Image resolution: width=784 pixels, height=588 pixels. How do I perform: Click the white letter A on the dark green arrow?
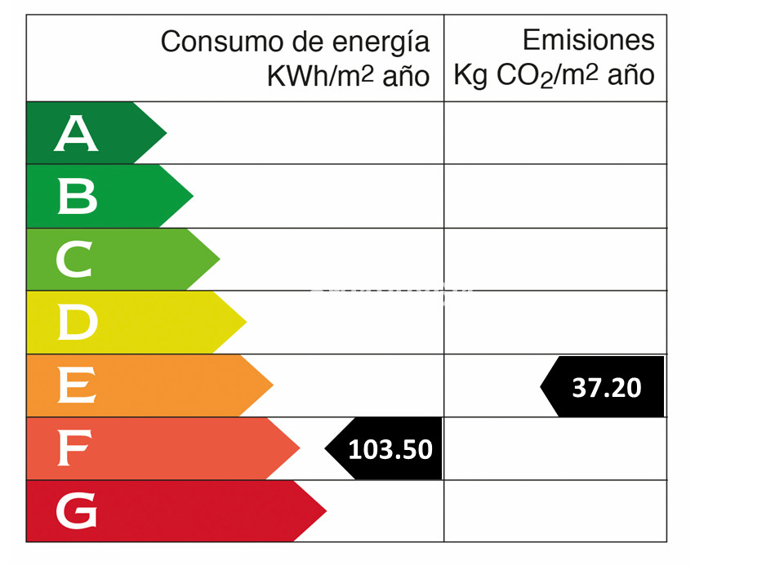pyautogui.click(x=77, y=134)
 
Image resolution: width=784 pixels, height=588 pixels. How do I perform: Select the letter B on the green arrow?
pyautogui.click(x=78, y=197)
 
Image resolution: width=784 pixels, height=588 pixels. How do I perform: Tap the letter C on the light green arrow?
pyautogui.click(x=75, y=260)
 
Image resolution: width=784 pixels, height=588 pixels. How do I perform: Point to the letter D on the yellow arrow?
pyautogui.click(x=78, y=323)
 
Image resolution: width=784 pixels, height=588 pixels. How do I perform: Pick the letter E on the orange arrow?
pyautogui.click(x=77, y=385)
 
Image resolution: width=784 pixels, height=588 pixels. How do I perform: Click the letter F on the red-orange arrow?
pyautogui.click(x=74, y=448)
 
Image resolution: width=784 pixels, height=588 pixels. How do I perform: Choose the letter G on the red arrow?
pyautogui.click(x=77, y=511)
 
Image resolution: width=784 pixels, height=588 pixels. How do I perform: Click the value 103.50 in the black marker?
pyautogui.click(x=390, y=449)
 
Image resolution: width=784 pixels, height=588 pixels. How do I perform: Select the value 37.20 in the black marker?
pyautogui.click(x=607, y=387)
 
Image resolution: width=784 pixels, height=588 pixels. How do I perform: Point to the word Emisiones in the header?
pyautogui.click(x=588, y=40)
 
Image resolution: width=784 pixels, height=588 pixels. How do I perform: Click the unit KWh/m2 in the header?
pyautogui.click(x=320, y=77)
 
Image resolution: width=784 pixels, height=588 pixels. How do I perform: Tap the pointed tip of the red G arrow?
pyautogui.click(x=326, y=511)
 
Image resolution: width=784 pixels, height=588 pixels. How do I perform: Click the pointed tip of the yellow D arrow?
pyautogui.click(x=246, y=323)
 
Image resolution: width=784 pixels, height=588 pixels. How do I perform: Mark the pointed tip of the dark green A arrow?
pyautogui.click(x=167, y=133)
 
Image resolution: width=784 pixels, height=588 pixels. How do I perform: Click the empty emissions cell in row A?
pyautogui.click(x=555, y=133)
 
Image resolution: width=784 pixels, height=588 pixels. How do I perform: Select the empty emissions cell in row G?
pyautogui.click(x=555, y=511)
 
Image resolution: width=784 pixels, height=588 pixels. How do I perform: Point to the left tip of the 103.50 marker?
pyautogui.click(x=326, y=448)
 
